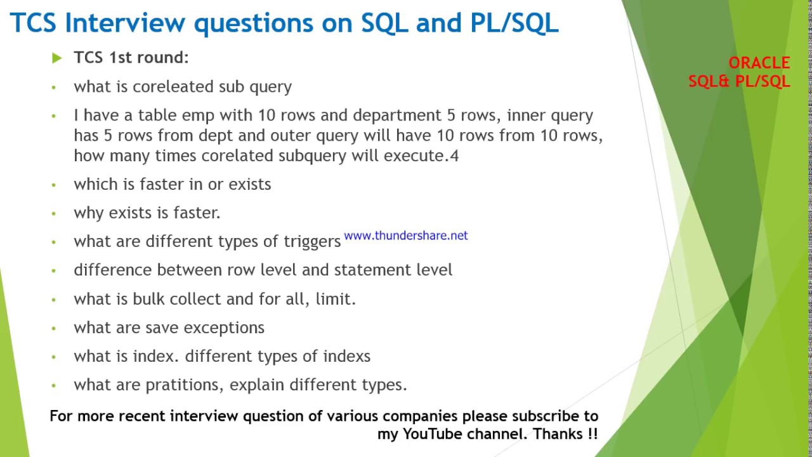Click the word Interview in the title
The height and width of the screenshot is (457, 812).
[x=126, y=22]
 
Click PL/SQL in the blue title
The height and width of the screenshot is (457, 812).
[x=514, y=23]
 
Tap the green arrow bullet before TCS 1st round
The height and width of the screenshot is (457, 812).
[x=57, y=58]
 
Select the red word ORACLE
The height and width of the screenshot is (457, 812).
[x=759, y=63]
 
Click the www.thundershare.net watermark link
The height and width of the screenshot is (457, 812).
[x=405, y=235]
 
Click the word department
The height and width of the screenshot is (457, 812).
[x=397, y=116]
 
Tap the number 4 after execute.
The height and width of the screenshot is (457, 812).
[x=454, y=156]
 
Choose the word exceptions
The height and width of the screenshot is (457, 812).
[x=224, y=328]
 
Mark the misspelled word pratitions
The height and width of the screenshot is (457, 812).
[x=185, y=385]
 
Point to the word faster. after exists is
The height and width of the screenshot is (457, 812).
[x=197, y=213]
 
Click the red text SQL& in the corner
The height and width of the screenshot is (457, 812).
[x=709, y=81]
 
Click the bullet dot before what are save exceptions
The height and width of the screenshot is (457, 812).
[x=54, y=328]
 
